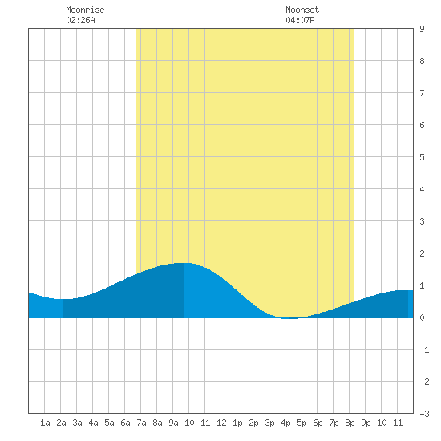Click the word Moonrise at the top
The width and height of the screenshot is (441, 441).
point(85,10)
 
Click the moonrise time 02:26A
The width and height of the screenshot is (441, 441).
point(80,20)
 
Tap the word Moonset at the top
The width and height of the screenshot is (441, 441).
point(302,10)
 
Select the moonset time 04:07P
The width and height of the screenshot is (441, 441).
point(300,20)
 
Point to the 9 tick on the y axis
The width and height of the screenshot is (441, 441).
point(422,29)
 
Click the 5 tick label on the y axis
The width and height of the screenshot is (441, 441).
point(422,157)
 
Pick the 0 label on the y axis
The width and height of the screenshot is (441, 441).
point(422,318)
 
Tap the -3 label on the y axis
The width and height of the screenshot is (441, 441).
point(424,414)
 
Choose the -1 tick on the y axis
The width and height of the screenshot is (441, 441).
point(424,350)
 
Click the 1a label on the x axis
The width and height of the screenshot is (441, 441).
point(45,423)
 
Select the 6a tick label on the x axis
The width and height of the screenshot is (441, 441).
point(125,423)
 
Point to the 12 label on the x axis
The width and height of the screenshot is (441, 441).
point(221,423)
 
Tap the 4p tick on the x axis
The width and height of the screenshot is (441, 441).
point(285,423)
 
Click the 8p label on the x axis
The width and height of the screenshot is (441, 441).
point(350,423)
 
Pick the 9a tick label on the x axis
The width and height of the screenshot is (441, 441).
point(173,423)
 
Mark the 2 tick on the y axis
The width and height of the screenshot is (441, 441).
point(422,253)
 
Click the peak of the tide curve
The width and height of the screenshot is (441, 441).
point(184,263)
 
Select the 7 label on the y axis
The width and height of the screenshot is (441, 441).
point(422,93)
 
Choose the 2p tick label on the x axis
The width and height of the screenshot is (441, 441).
point(253,423)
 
